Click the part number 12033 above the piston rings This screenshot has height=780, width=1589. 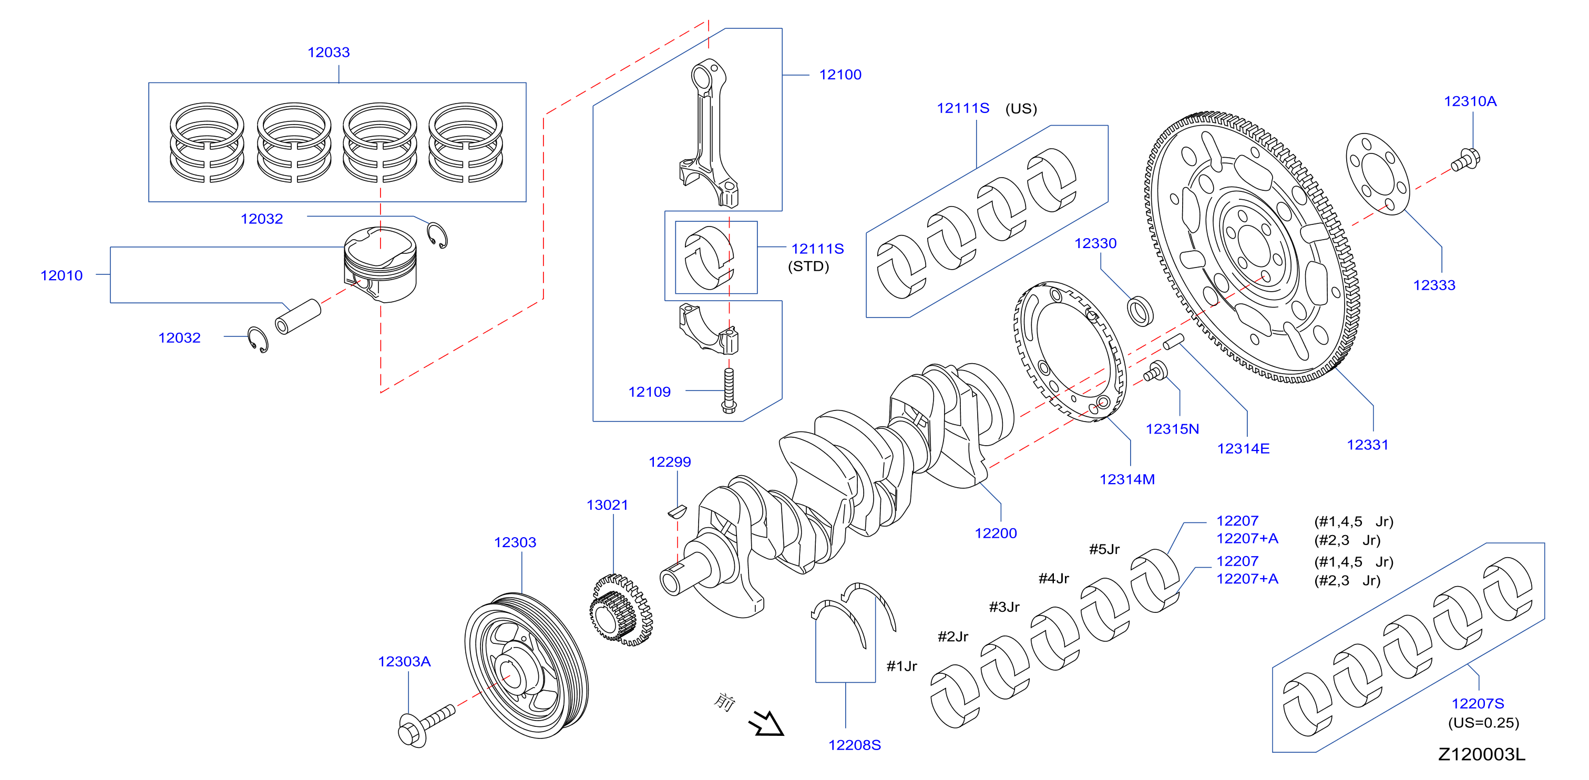329,53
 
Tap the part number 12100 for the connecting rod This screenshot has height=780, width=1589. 840,75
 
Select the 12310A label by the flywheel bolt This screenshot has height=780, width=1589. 1470,101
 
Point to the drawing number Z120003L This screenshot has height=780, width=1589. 1482,754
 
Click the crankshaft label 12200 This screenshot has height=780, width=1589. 996,533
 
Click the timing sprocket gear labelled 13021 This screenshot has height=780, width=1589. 621,610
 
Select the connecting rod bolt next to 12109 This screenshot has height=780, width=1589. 729,391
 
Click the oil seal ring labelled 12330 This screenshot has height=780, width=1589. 1141,311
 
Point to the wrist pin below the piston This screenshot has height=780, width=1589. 298,317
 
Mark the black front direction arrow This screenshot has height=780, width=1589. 766,723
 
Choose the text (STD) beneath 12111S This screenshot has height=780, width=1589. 808,266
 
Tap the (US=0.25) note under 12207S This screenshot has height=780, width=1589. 1483,723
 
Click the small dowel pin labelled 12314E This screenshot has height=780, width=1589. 1174,341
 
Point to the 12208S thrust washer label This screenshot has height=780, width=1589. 854,745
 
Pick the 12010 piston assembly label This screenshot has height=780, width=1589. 61,275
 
